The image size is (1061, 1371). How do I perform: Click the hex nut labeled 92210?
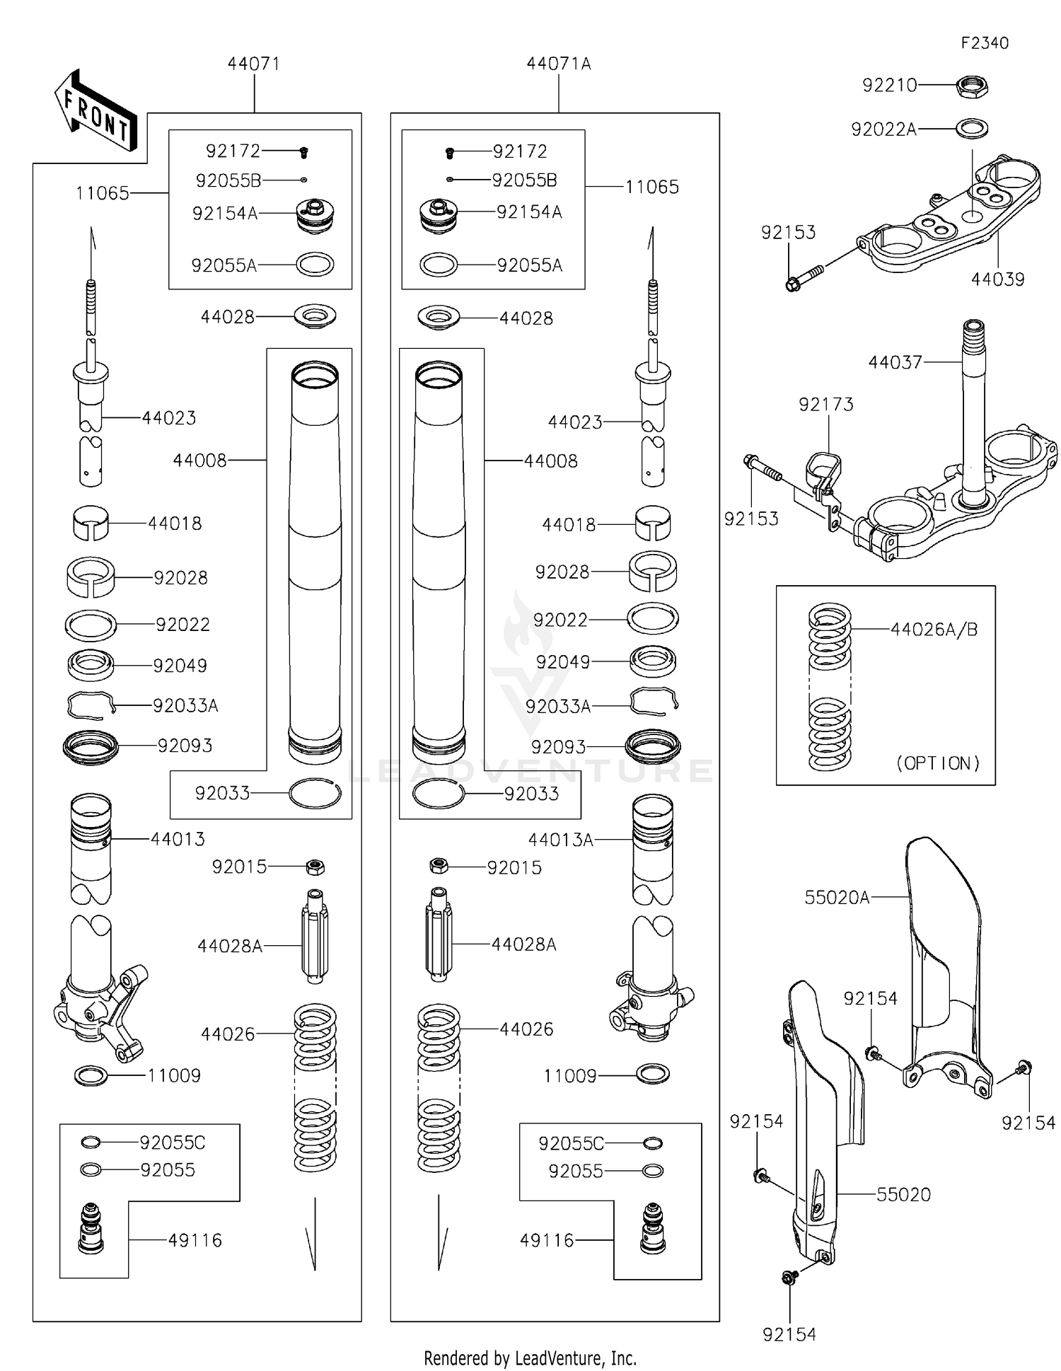point(972,87)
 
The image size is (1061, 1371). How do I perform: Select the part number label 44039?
point(997,279)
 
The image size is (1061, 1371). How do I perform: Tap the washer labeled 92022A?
point(972,129)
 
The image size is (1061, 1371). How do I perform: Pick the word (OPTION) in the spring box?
point(938,763)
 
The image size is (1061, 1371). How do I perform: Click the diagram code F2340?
point(985,43)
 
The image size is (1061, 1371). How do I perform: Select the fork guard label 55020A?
point(837,898)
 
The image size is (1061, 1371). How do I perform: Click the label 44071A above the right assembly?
point(558,64)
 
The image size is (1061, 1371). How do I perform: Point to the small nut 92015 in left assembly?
point(315,866)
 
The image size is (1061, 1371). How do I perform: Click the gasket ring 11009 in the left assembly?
point(91,1076)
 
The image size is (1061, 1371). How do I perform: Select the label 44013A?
point(560,840)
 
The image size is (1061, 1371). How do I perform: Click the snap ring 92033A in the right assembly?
point(654,700)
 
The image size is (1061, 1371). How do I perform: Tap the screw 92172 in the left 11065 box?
point(303,152)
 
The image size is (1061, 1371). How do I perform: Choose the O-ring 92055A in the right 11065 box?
point(439,265)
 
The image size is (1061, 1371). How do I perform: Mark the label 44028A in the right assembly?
point(523,944)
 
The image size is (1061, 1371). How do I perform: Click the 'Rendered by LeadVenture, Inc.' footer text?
point(530,1358)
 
